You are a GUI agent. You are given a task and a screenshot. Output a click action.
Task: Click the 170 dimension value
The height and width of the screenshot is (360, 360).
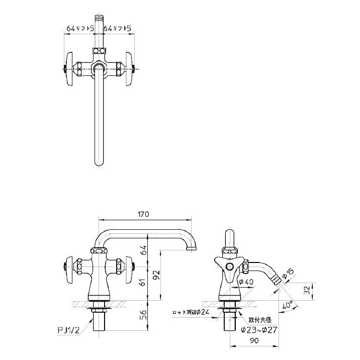(x=143, y=214)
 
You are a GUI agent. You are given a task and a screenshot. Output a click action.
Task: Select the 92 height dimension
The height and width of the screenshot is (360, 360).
(x=156, y=275)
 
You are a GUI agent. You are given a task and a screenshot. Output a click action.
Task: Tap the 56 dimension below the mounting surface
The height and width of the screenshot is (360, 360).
(x=143, y=315)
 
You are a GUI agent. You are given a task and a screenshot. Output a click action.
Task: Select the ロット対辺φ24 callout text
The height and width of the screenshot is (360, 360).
(x=190, y=312)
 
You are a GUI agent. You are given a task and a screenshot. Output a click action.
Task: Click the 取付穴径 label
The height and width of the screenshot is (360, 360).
(x=259, y=320)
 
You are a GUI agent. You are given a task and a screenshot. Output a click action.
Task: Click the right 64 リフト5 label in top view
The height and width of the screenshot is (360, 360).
(x=117, y=29)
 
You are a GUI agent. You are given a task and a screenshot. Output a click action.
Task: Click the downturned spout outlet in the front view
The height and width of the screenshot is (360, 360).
(x=192, y=249)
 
